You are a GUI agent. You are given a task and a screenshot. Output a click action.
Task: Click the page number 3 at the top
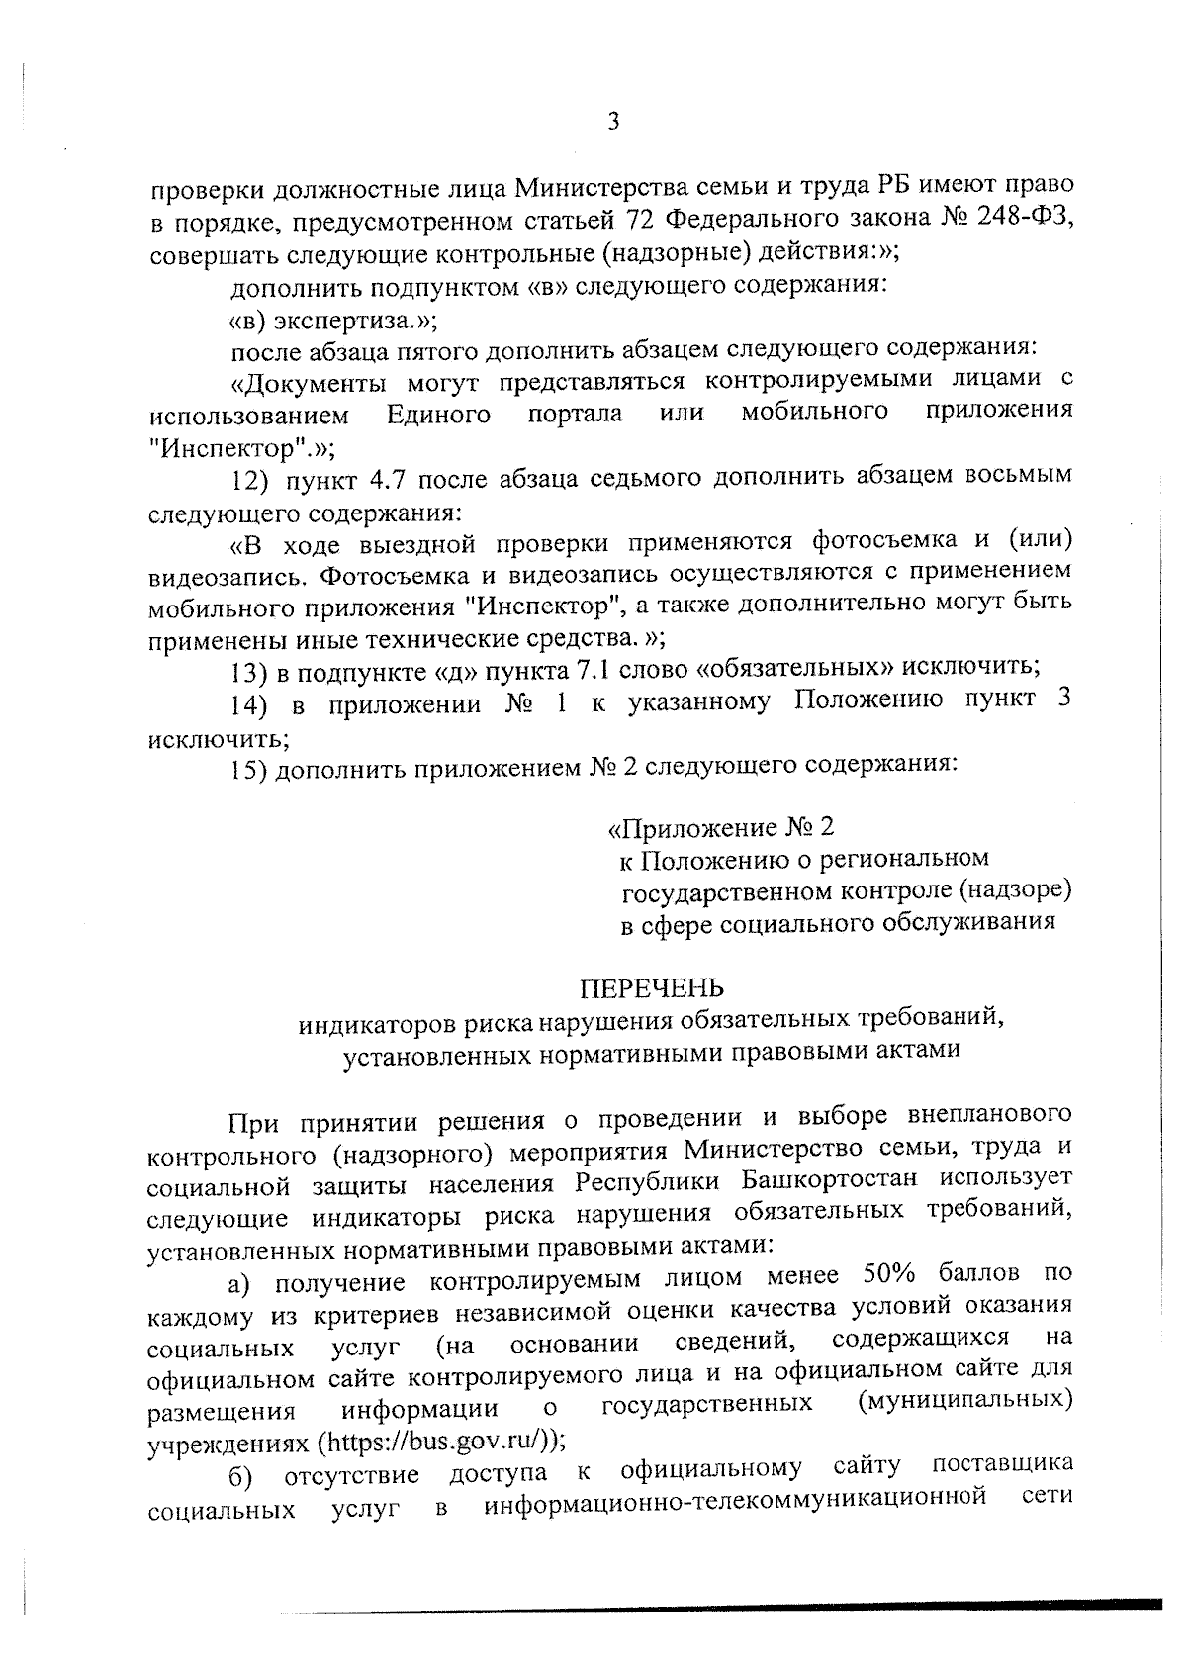coord(613,122)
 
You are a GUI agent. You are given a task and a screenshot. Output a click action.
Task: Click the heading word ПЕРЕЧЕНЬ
coord(651,987)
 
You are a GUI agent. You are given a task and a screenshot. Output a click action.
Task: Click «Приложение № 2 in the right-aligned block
coord(722,826)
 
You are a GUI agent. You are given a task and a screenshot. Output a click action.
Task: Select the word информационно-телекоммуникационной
coord(737,1505)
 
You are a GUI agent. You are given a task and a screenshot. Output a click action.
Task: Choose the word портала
coord(576,414)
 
